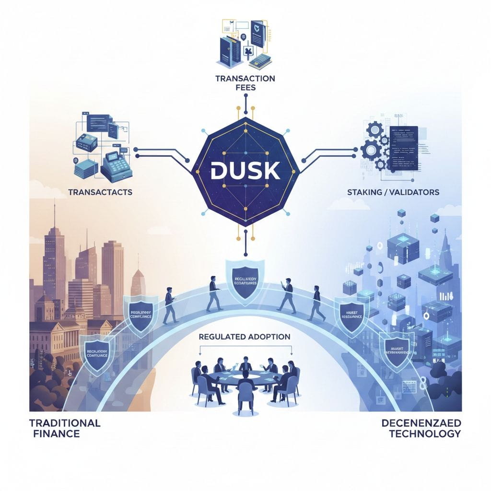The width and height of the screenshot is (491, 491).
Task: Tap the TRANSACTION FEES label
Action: (x=245, y=82)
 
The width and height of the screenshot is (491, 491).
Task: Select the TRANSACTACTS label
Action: (x=100, y=192)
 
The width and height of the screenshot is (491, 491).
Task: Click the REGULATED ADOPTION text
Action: (x=245, y=337)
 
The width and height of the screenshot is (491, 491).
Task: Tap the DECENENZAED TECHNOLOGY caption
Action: (x=421, y=428)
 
